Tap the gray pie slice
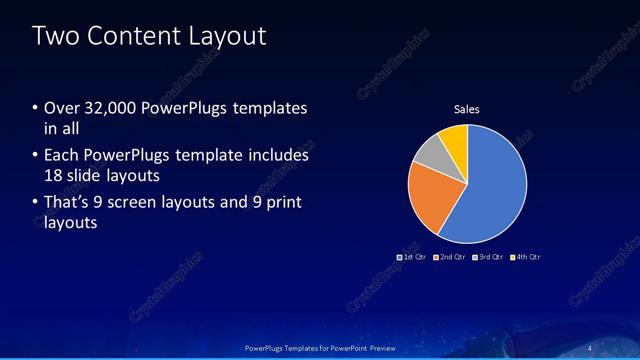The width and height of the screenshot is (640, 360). (429, 154)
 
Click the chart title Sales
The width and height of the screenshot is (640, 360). (467, 108)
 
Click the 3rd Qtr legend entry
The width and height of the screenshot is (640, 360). (490, 257)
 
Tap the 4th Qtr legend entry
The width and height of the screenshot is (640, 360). (527, 257)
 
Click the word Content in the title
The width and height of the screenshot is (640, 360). (128, 37)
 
